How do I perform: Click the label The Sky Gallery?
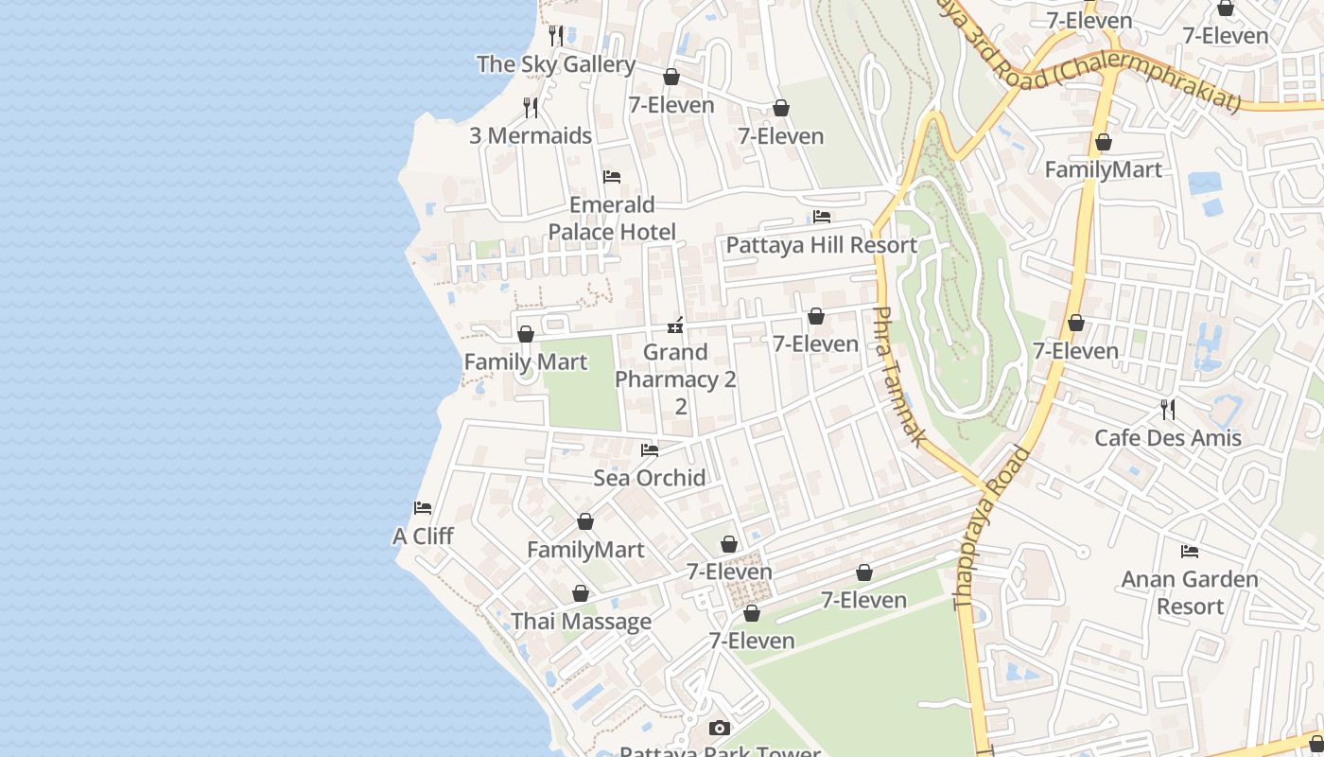click(555, 64)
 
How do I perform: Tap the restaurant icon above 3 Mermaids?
click(531, 108)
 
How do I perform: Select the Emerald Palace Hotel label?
click(612, 219)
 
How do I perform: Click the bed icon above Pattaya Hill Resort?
click(822, 218)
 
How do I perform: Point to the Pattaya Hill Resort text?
click(821, 245)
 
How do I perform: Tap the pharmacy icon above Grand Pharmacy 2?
click(675, 326)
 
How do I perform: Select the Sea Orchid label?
click(649, 477)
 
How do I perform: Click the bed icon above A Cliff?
click(423, 508)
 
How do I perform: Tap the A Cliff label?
click(423, 536)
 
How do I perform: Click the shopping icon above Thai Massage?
click(581, 593)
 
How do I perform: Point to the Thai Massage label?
click(581, 621)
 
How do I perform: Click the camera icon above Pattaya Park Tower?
click(720, 728)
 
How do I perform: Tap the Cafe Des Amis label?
click(1167, 438)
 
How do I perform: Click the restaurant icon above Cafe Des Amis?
click(1168, 410)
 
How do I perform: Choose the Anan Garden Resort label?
click(1189, 592)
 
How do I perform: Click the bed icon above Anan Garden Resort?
click(1190, 551)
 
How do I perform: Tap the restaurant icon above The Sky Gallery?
click(557, 36)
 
